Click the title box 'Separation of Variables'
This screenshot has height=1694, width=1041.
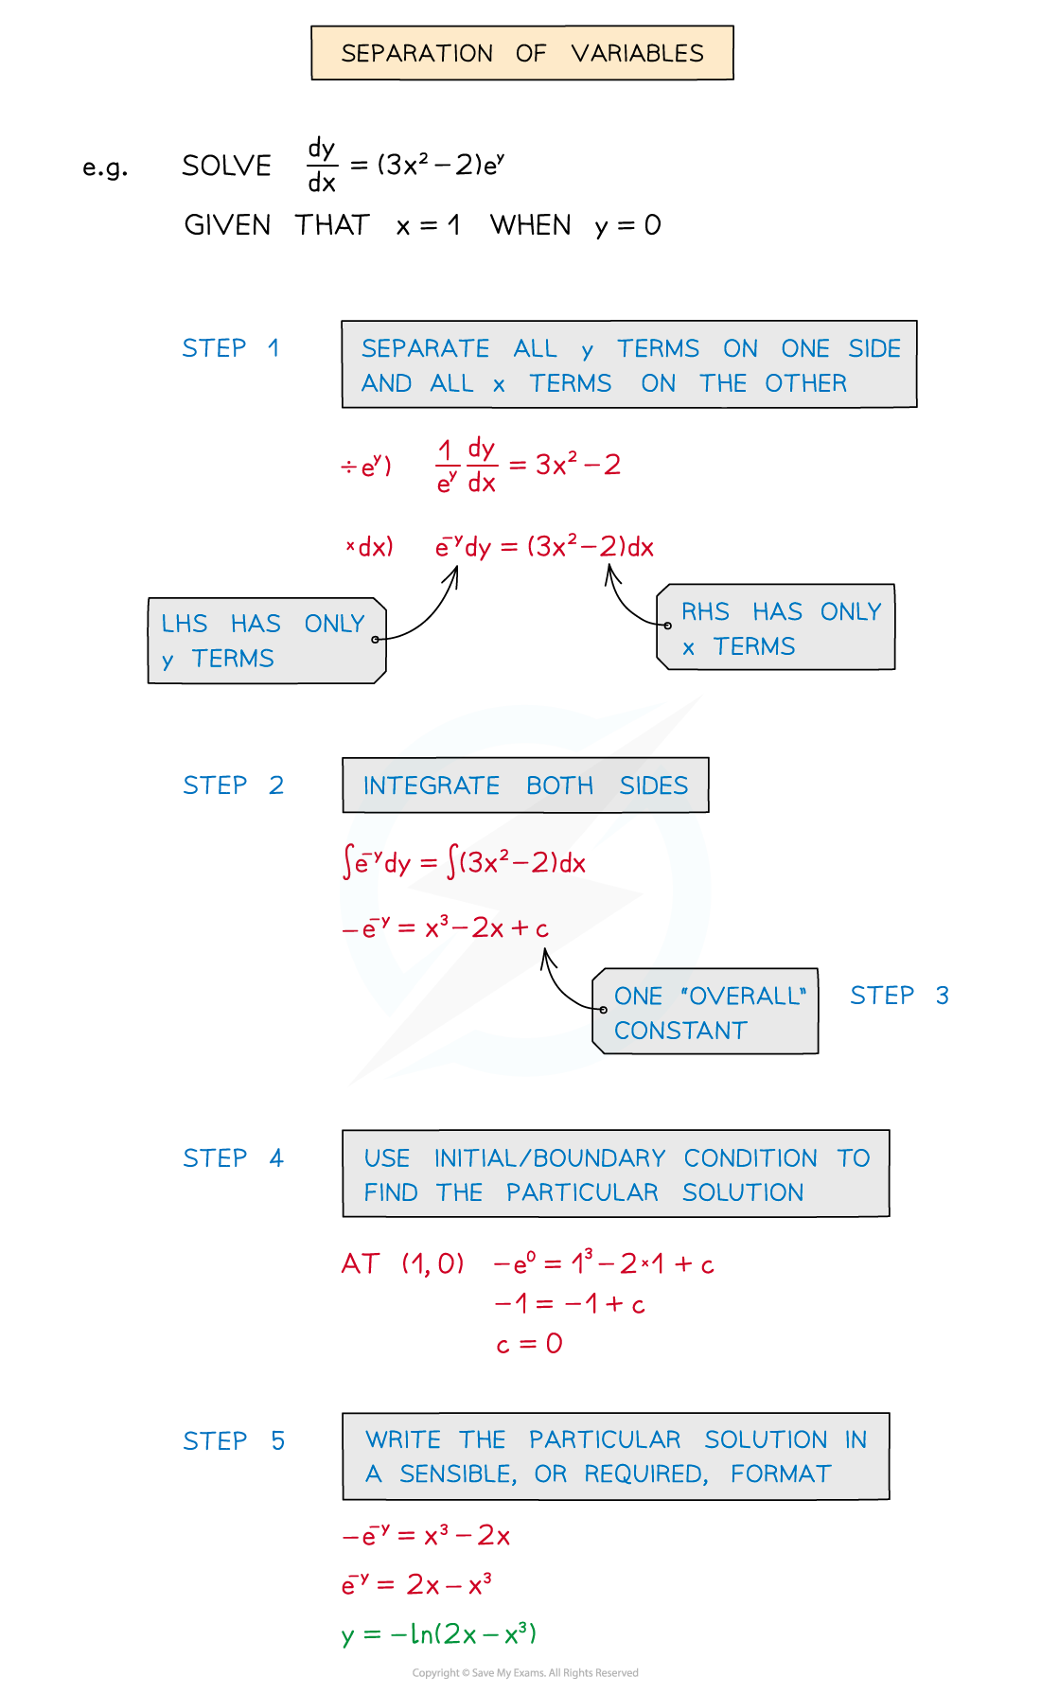coord(522,53)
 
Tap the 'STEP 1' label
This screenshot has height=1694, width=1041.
coord(231,348)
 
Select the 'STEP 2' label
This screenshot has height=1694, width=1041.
coord(233,785)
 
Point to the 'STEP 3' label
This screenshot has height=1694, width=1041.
coord(899,996)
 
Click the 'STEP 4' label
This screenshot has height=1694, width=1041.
coord(233,1158)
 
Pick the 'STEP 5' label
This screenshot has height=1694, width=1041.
coord(234,1441)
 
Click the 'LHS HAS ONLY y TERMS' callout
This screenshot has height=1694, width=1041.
coord(267,641)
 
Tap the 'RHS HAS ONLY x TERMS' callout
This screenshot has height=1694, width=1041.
coord(776,627)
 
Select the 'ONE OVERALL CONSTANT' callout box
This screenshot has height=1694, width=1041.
coord(705,1012)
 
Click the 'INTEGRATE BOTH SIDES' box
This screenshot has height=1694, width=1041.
coord(525,785)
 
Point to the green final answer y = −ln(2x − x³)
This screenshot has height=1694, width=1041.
coord(439,1634)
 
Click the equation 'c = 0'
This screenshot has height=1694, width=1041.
coord(529,1344)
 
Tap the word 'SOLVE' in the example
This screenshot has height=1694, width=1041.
coord(227,167)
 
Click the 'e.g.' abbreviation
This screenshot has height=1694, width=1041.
coord(105,168)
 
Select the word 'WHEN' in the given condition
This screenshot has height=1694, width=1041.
coord(531,225)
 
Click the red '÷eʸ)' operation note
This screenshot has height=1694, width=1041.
coord(366,466)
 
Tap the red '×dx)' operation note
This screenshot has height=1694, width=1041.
coord(369,547)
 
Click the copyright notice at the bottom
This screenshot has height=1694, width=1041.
coord(525,1673)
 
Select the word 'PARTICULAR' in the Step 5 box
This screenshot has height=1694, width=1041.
coord(605,1439)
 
